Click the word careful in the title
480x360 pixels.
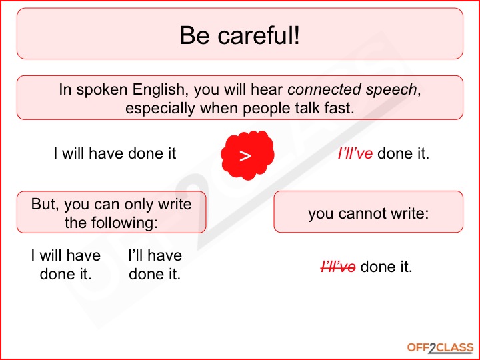[258, 35]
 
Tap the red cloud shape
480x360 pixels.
[247, 155]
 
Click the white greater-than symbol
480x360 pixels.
[245, 156]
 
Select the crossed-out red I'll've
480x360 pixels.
[338, 267]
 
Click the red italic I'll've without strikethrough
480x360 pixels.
[355, 153]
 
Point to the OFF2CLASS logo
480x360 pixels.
[440, 348]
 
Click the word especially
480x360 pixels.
[160, 109]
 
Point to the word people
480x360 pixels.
[263, 109]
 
